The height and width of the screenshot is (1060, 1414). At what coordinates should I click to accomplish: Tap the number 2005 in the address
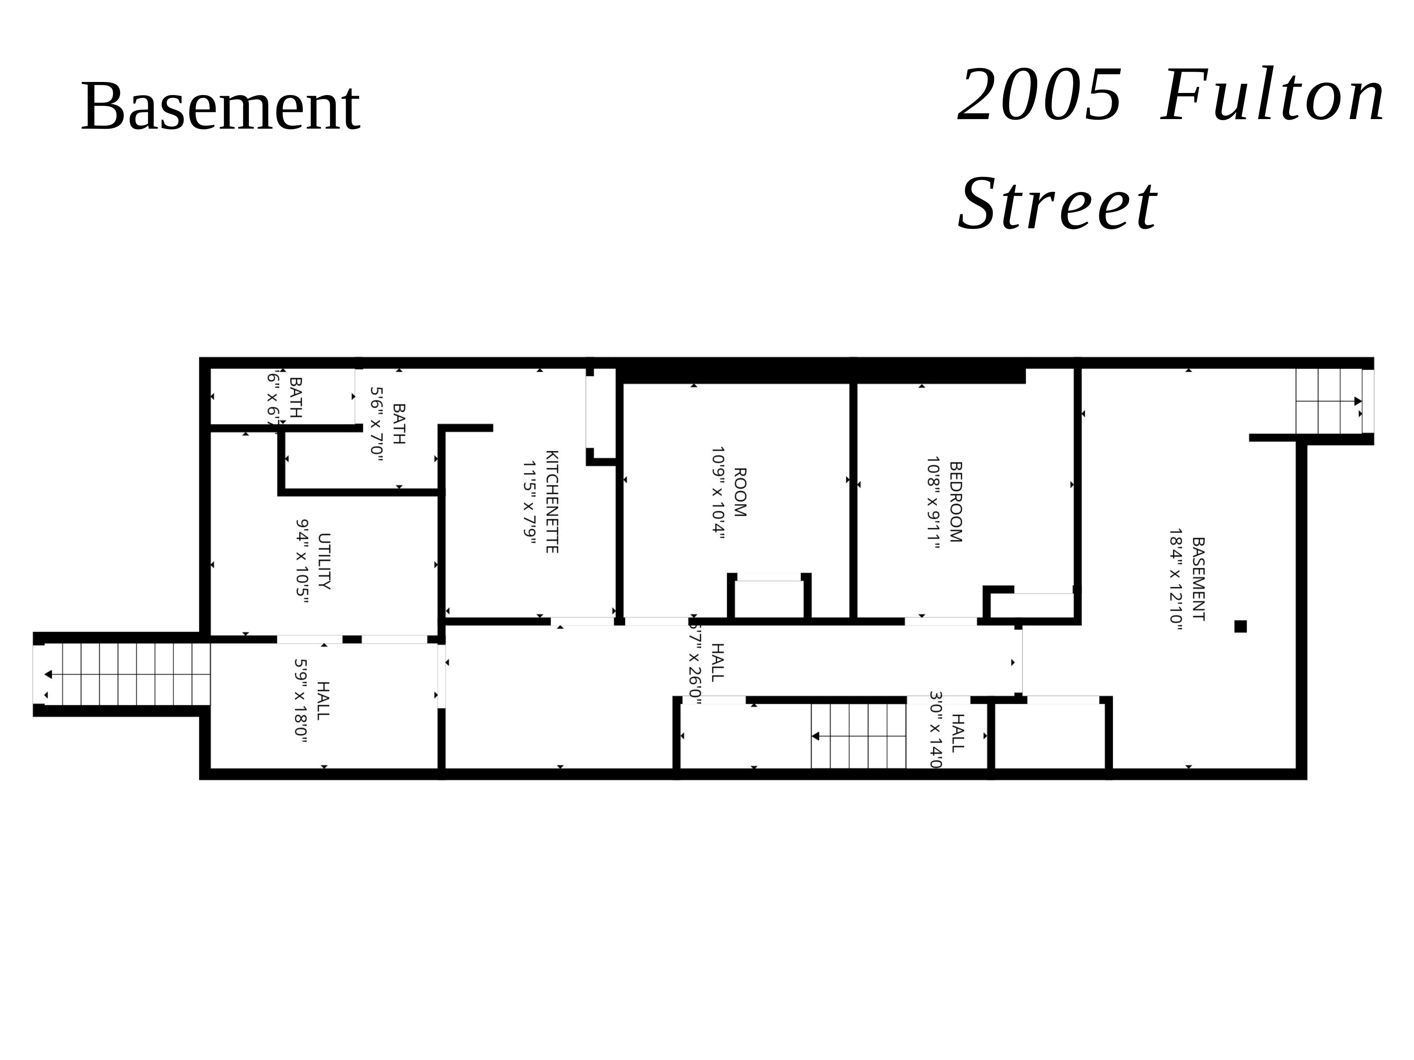click(x=1039, y=96)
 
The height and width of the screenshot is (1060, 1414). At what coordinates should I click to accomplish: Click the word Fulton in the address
click(x=1272, y=96)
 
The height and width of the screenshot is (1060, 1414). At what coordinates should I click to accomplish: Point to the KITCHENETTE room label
click(x=552, y=502)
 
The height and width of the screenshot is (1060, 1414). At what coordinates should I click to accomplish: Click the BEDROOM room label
click(x=956, y=502)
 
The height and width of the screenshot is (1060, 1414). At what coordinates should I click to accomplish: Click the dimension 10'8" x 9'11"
click(x=933, y=502)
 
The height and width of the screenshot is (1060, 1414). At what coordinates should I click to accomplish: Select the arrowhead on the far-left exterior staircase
click(x=48, y=674)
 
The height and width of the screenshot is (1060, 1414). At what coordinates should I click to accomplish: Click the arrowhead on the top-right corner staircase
click(x=1358, y=401)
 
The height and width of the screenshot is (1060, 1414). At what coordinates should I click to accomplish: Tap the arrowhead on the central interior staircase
click(x=816, y=736)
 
